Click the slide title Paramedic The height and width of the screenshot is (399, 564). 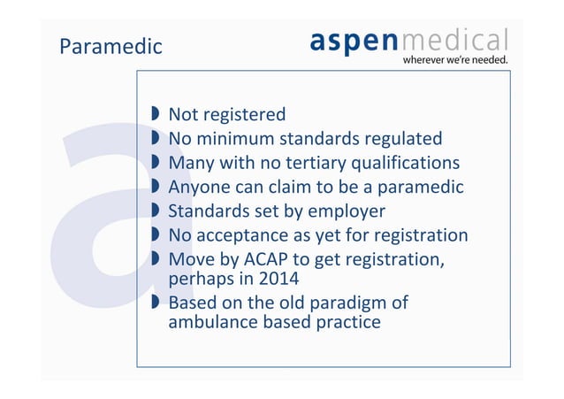coord(111,46)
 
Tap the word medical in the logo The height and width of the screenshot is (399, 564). coord(455,40)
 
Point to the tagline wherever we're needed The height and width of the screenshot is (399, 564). coord(456,60)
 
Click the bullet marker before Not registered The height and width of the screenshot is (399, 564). coord(155,114)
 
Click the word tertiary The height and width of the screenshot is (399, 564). coord(314,163)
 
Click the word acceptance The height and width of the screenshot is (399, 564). coord(242,235)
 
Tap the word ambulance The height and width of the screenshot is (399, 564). coord(211,322)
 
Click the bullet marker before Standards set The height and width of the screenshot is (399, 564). coord(155,211)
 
